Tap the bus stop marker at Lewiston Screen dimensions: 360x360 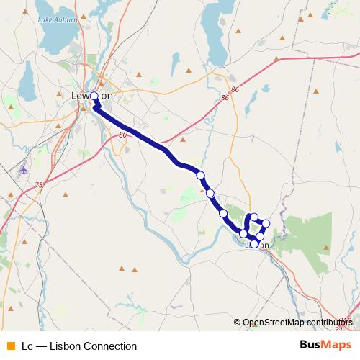[94, 96]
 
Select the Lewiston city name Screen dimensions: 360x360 [93, 96]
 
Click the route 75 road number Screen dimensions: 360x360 [38, 185]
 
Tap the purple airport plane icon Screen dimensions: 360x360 [23, 171]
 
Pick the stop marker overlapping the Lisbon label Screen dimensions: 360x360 [254, 244]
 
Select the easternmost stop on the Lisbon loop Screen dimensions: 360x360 [266, 223]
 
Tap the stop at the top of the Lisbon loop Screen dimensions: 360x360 [254, 216]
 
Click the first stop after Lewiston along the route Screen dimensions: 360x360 [200, 175]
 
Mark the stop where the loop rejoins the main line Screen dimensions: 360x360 [244, 233]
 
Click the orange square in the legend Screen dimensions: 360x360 [10, 346]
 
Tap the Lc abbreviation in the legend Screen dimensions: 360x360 [27, 346]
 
